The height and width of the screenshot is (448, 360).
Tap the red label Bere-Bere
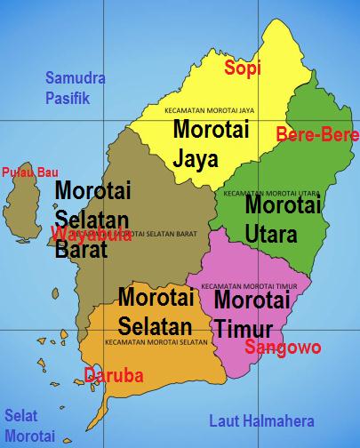pos(317,135)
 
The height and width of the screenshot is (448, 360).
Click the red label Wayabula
pos(92,235)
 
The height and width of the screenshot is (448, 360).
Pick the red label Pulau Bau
pos(24,172)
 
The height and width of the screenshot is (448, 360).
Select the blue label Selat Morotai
pos(29,425)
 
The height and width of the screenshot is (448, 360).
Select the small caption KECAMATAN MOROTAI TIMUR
pos(255,286)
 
